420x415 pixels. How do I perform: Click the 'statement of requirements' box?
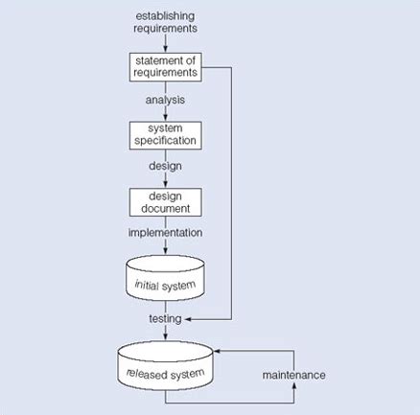166,67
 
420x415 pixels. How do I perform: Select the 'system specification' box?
166,135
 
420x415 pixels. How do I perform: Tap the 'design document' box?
166,202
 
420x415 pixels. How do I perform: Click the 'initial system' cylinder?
165,278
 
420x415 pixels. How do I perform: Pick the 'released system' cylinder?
165,366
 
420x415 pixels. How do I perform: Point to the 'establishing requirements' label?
165,22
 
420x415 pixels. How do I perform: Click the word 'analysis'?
165,100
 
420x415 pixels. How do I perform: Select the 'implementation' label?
165,233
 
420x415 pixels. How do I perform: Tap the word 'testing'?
165,319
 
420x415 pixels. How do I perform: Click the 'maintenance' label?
294,375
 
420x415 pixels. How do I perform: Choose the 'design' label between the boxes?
165,166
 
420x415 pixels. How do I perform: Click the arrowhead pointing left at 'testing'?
188,319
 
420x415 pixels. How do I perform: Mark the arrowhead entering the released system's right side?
217,351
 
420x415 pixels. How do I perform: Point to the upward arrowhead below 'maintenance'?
294,386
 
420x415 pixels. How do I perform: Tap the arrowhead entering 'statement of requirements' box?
165,49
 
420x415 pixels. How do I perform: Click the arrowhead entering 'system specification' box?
165,118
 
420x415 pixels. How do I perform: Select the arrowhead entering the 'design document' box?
165,184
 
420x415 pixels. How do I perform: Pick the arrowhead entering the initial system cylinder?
165,251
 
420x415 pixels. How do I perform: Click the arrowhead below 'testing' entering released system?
165,336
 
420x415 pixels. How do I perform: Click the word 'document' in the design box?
166,209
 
